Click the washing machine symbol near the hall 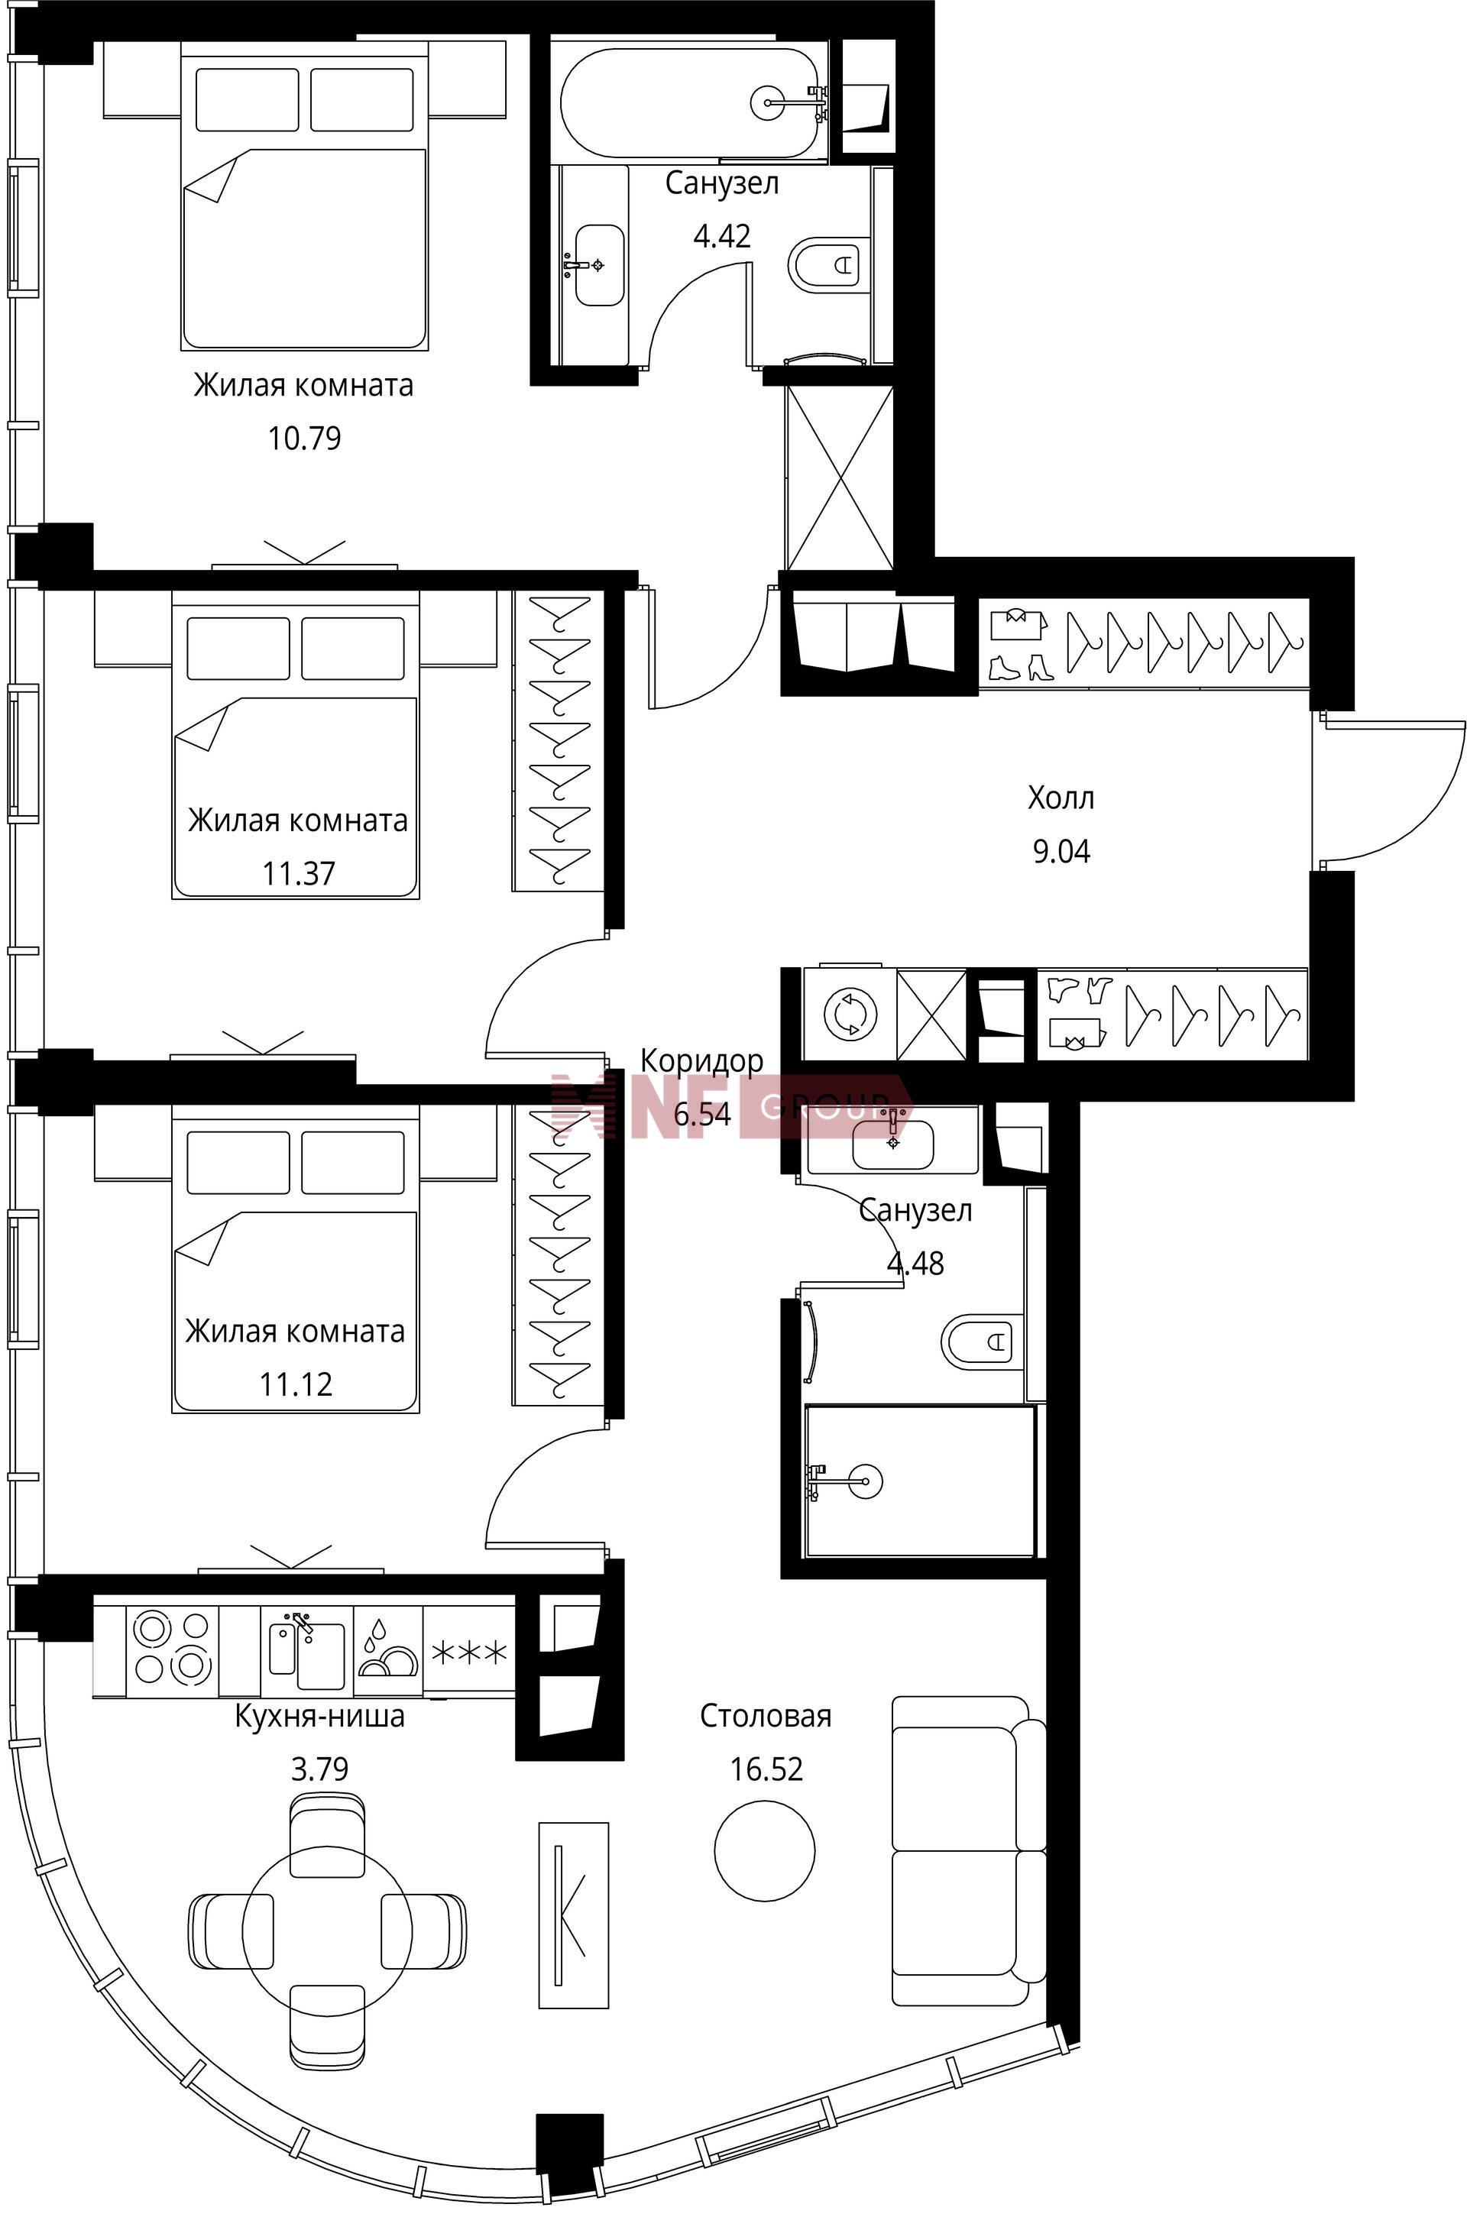(850, 1014)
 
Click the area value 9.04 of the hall (1062, 851)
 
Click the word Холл (1061, 798)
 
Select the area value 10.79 (305, 438)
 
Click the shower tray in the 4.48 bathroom (921, 1481)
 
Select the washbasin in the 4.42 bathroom (599, 264)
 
